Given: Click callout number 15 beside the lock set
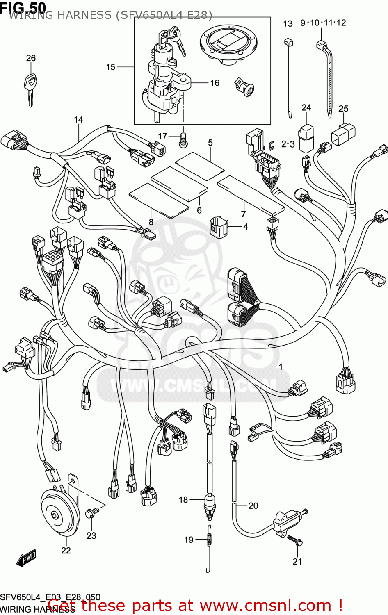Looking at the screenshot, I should (x=111, y=67).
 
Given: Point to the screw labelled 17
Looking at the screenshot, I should (x=183, y=140).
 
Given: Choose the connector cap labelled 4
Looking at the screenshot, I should (x=219, y=226).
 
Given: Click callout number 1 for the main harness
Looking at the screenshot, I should (x=281, y=367).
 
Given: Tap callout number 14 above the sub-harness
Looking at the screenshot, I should (x=78, y=120).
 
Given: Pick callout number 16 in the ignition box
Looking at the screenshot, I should (x=215, y=83).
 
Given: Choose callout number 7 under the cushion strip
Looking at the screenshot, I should (x=243, y=214).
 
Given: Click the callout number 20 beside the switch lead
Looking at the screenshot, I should (x=253, y=506).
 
